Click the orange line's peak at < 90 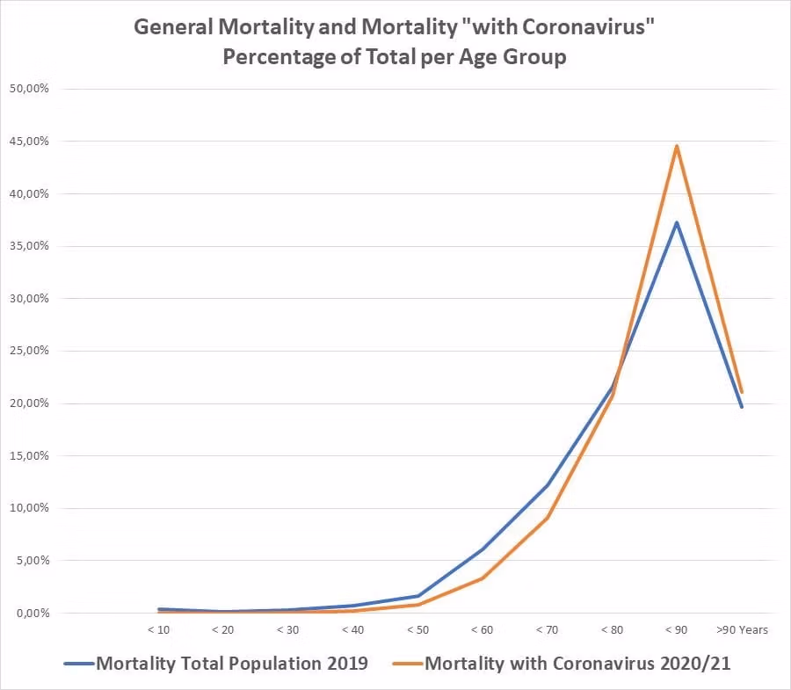[x=677, y=146]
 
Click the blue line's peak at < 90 [x=677, y=222]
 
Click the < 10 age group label [x=159, y=629]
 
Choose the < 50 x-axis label [x=417, y=629]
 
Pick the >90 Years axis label [x=742, y=629]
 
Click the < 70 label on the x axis [x=547, y=629]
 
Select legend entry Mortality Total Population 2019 [x=232, y=664]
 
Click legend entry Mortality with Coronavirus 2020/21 [x=577, y=664]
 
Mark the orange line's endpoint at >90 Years [x=742, y=392]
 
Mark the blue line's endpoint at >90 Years [x=742, y=407]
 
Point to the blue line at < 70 [x=547, y=485]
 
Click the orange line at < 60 [x=483, y=577]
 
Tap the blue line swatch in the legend [x=78, y=664]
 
